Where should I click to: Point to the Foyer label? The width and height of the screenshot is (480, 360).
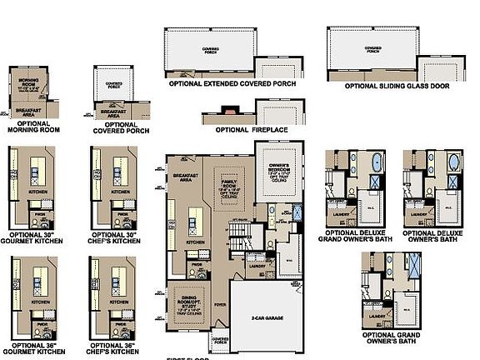pos(219,303)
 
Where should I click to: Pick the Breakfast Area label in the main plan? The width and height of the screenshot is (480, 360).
pos(183,178)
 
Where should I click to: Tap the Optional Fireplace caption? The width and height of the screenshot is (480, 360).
pos(250,130)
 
